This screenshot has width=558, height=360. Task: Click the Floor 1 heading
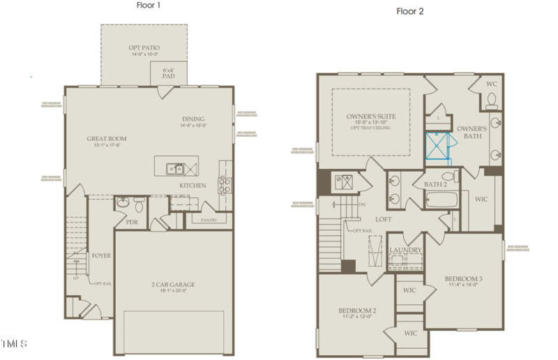149,5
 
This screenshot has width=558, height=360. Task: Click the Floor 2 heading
410,11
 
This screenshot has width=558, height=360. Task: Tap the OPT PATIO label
144,48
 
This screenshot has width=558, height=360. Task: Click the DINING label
193,119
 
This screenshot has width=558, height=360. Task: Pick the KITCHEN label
193,186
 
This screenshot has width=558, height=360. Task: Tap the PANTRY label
209,220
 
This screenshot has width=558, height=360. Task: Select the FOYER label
101,256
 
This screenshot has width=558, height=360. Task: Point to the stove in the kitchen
226,185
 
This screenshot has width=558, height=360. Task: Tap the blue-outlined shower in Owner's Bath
439,146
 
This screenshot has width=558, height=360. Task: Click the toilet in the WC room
492,103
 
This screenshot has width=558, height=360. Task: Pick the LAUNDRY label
405,250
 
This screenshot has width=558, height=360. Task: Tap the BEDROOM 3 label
464,280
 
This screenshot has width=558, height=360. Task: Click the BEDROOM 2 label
357,310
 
